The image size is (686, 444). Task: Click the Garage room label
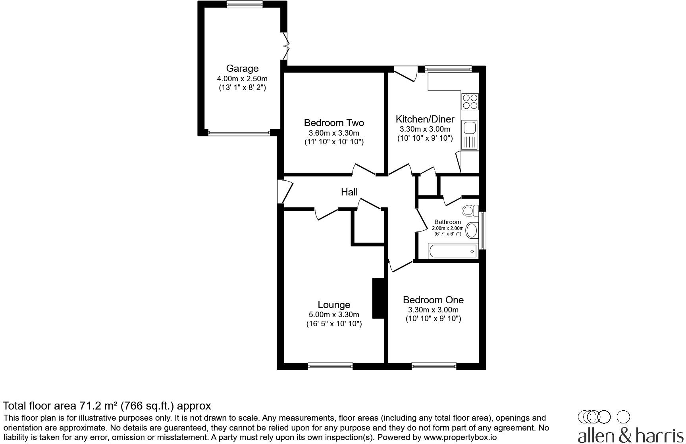point(242,69)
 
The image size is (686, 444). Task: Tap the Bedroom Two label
point(334,123)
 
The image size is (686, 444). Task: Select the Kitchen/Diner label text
point(425,119)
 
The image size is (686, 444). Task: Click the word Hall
point(349,192)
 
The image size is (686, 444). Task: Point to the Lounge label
point(334,305)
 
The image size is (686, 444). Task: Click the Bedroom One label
point(433,300)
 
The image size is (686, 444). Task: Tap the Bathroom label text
point(447,222)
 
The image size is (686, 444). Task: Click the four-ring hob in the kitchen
point(470,101)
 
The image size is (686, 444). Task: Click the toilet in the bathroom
point(471,211)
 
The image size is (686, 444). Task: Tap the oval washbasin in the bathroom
point(472,230)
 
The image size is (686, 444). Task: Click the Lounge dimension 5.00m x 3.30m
point(334,315)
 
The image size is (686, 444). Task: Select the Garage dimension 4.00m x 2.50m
point(242,78)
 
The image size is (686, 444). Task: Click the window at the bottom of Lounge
point(330,366)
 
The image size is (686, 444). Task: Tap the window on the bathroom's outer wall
point(483,230)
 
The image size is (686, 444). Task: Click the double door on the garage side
point(285,46)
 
